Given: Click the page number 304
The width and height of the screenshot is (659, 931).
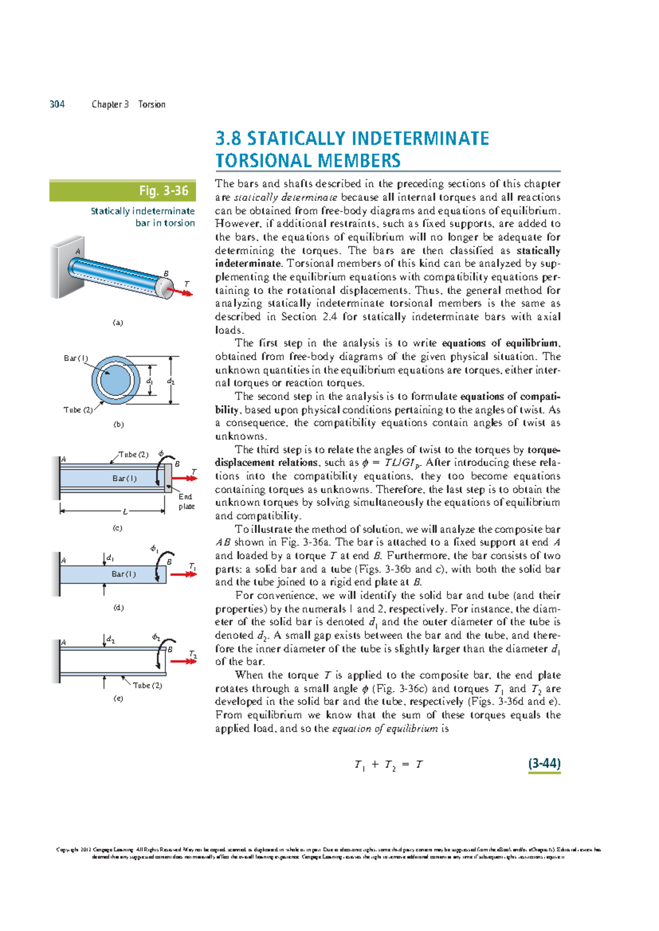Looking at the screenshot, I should coord(57,104).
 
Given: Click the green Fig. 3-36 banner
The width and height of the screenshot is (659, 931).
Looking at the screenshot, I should coord(122,190).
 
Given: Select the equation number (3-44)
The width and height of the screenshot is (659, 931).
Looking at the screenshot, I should coord(544,763).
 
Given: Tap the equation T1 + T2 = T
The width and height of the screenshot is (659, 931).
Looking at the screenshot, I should coord(388,765).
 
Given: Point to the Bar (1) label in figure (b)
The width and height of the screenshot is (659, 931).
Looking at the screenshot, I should coord(76,358).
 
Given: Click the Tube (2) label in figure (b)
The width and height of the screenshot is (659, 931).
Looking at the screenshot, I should coord(78,410).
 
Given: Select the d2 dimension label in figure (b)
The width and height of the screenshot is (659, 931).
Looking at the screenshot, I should coord(171,381).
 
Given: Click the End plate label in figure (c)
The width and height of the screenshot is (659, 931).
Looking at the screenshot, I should coord(186,501).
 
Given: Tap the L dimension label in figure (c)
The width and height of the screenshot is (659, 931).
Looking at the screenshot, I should coord(125,512).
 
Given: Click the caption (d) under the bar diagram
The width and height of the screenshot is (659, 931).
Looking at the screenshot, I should coord(119,608).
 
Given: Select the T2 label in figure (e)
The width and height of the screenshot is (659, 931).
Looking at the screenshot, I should coord(193,654).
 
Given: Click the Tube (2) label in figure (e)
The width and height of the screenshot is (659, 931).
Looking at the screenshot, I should coord(147,685).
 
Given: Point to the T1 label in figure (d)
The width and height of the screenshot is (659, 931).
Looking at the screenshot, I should coord(192,566).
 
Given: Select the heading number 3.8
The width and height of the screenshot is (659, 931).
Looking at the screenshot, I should coord(228,138).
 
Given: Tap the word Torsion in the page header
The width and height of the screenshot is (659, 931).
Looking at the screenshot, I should coord(152,104).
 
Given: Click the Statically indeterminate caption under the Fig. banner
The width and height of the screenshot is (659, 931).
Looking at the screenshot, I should coord(143,211).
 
